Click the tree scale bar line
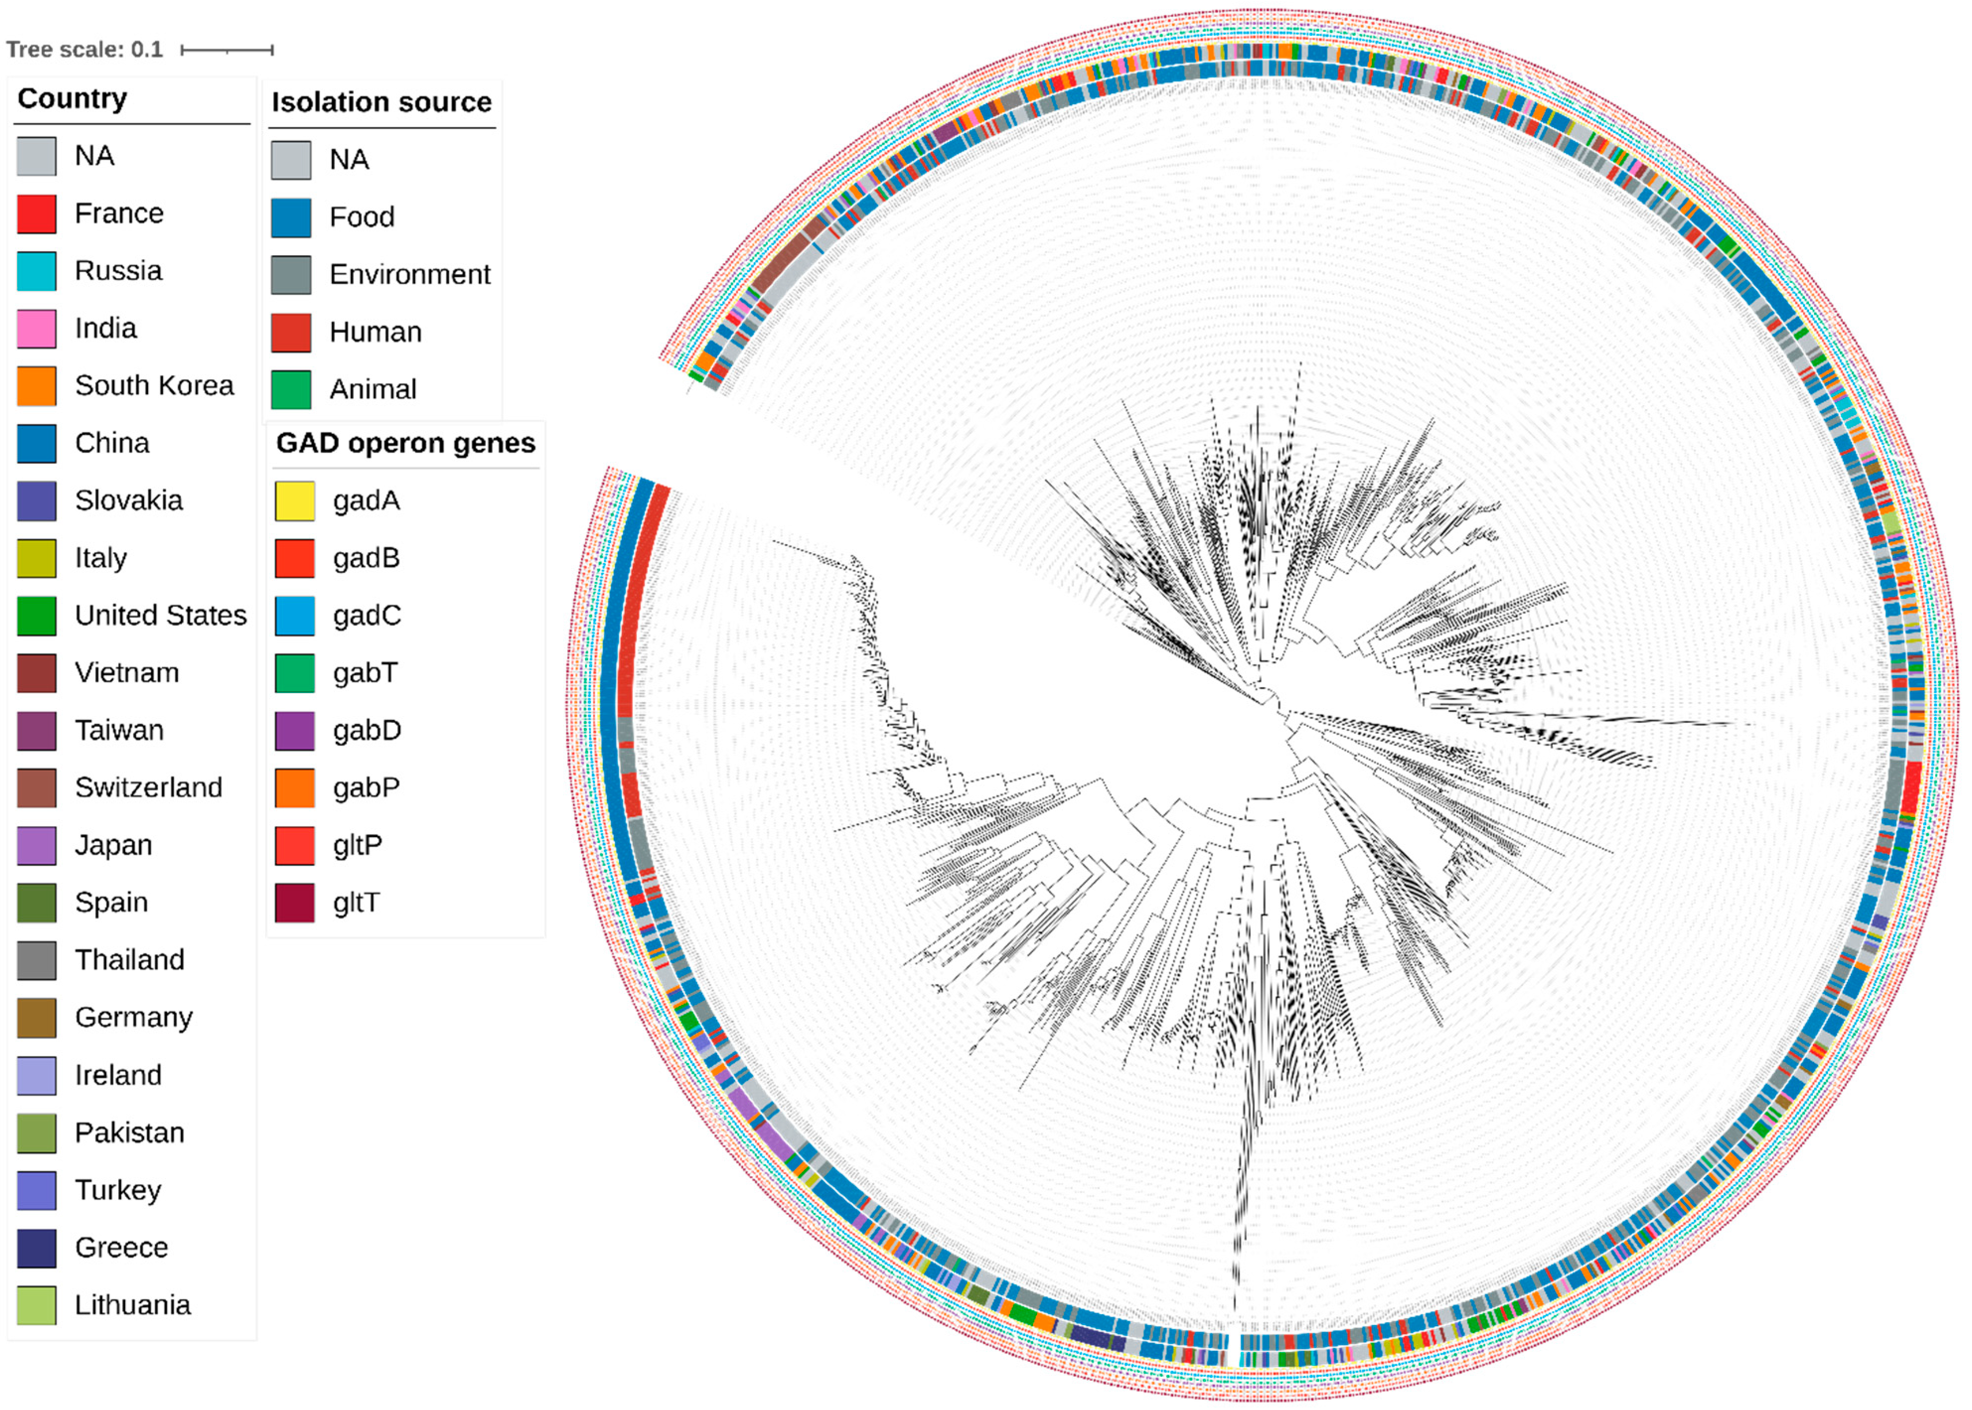pos(226,50)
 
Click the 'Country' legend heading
pos(72,98)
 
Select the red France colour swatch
pos(36,213)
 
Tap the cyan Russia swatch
pos(36,271)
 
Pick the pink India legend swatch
pos(36,328)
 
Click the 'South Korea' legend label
pos(153,385)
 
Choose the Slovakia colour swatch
pos(36,501)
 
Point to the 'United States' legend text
pos(160,616)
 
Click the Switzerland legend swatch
pos(36,787)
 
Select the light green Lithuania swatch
pos(36,1305)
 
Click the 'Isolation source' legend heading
pos(381,102)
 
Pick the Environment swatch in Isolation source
pos(291,275)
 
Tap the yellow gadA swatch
pos(294,501)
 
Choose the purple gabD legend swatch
pos(294,730)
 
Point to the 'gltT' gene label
pos(356,903)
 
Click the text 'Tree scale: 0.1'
pos(84,50)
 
